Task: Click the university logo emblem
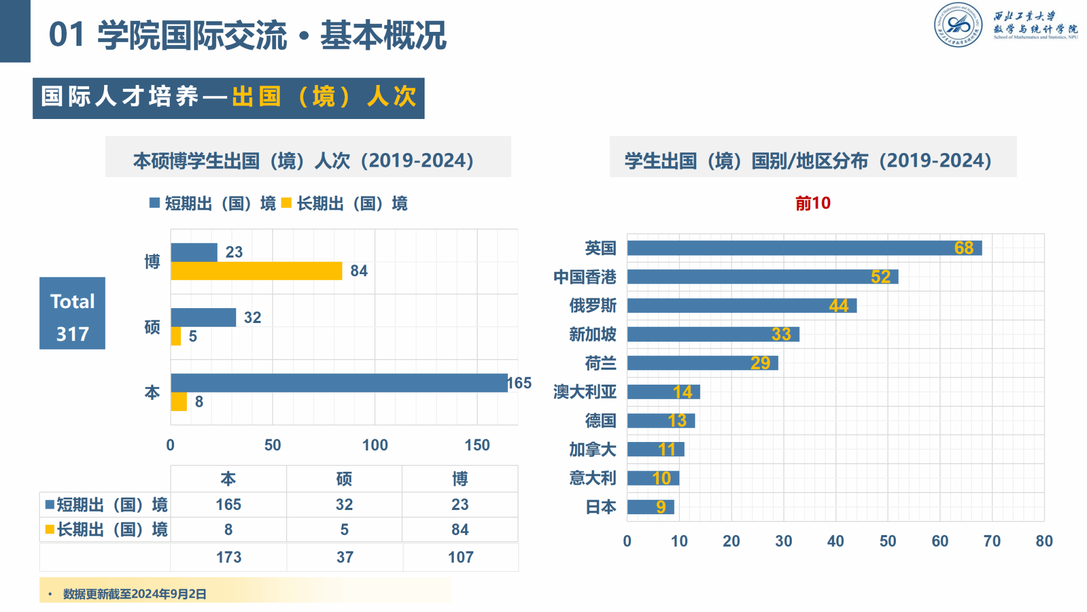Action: click(x=959, y=25)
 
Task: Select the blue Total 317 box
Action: click(x=72, y=313)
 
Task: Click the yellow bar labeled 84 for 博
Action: click(x=256, y=271)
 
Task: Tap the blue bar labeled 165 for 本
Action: click(x=339, y=382)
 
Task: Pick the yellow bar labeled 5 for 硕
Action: click(x=176, y=336)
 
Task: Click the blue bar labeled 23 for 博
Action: click(x=194, y=252)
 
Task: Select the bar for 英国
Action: click(x=804, y=248)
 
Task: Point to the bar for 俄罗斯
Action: click(x=741, y=305)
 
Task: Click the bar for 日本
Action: click(x=650, y=507)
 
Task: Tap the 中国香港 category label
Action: click(x=584, y=277)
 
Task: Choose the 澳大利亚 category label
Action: click(x=584, y=392)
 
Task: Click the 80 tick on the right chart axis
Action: click(x=1043, y=541)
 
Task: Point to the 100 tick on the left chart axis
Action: click(x=375, y=445)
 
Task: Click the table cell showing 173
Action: click(x=229, y=557)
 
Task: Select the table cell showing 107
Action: click(x=460, y=557)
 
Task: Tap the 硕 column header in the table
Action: click(x=344, y=479)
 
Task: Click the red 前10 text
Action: click(x=813, y=203)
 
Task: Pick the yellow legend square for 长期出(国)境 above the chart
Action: click(x=287, y=203)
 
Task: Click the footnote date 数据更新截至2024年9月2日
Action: click(x=135, y=594)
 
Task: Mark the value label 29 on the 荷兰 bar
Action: click(x=760, y=363)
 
